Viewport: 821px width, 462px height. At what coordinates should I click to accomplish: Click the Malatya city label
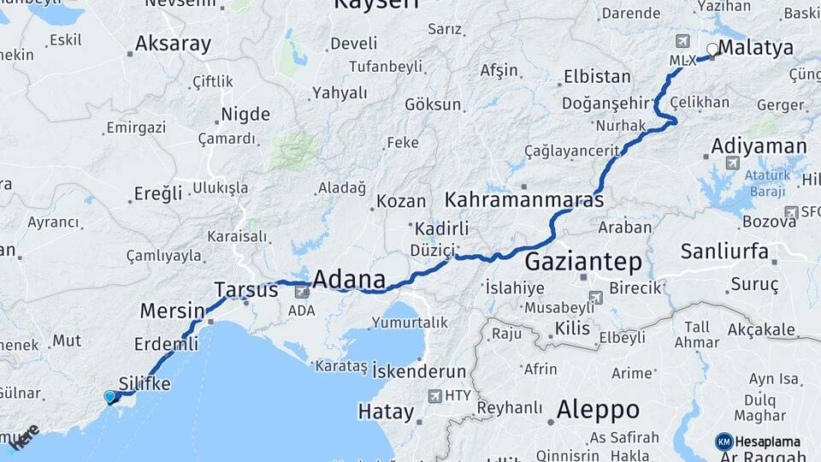tap(756, 48)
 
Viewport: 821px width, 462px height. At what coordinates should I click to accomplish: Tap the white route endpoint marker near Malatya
tap(712, 50)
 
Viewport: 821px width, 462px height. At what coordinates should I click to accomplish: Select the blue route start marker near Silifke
tap(109, 396)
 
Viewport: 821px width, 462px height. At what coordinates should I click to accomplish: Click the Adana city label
tap(349, 279)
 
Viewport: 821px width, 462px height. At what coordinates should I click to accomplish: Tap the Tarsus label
tap(246, 290)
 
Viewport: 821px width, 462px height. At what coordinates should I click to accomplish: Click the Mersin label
tap(172, 311)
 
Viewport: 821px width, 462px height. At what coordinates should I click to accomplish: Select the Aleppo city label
tap(598, 410)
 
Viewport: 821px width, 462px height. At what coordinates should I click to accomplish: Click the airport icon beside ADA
tap(302, 293)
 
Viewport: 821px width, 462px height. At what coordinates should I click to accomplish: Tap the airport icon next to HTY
tap(434, 396)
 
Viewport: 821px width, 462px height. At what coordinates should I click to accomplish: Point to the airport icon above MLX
tap(682, 41)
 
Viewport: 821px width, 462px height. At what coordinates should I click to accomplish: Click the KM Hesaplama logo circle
tap(724, 441)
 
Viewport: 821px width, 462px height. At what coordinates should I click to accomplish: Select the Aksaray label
tap(172, 44)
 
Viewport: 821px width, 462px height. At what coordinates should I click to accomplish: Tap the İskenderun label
tap(418, 372)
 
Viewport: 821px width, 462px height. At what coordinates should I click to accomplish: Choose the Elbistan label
tap(596, 77)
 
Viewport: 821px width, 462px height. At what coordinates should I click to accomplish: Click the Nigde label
tap(245, 115)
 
